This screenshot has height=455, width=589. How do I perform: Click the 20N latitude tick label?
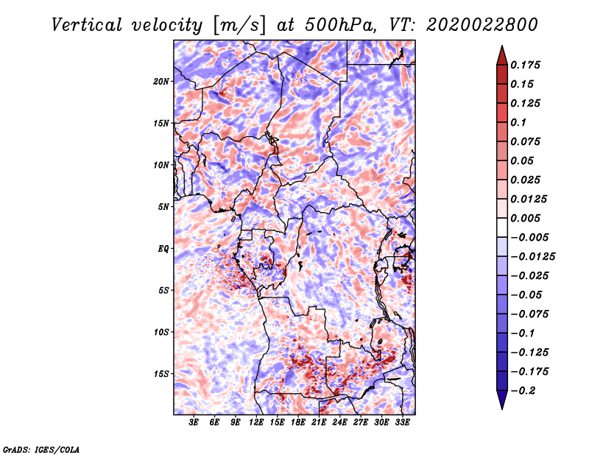[x=161, y=81]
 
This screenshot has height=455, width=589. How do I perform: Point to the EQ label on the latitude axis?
[x=163, y=249]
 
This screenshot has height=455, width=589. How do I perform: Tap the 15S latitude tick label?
[x=161, y=374]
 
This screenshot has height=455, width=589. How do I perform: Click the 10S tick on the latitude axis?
[x=161, y=332]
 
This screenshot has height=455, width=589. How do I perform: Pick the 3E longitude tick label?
[x=194, y=423]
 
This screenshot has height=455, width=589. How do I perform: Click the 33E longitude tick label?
[x=402, y=423]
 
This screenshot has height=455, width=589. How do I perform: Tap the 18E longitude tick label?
[x=298, y=423]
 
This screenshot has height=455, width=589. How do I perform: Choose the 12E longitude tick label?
[x=256, y=423]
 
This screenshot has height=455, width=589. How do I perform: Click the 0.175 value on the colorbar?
[x=527, y=66]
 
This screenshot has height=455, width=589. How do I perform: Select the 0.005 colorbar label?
[x=527, y=219]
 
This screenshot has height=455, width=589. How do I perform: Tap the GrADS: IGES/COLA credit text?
[x=41, y=448]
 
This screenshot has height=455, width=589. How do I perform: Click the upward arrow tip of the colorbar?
[x=501, y=48]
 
